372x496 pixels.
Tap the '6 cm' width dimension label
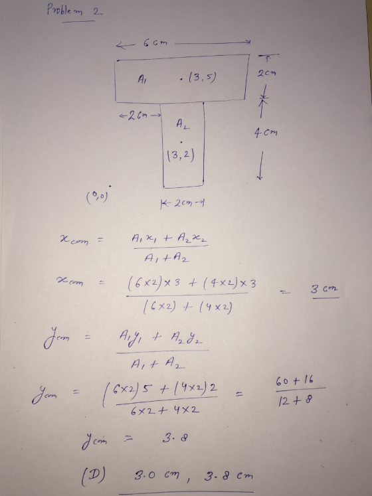pyautogui.click(x=155, y=43)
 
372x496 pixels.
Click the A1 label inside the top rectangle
pyautogui.click(x=141, y=78)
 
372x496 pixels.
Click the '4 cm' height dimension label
pyautogui.click(x=266, y=133)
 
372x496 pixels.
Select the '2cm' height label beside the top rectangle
pyautogui.click(x=266, y=74)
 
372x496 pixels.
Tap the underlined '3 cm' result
pyautogui.click(x=325, y=289)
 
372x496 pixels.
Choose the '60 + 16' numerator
pyautogui.click(x=294, y=380)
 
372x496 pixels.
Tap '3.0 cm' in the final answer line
pyautogui.click(x=157, y=475)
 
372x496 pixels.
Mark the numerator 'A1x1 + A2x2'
pyautogui.click(x=169, y=238)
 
